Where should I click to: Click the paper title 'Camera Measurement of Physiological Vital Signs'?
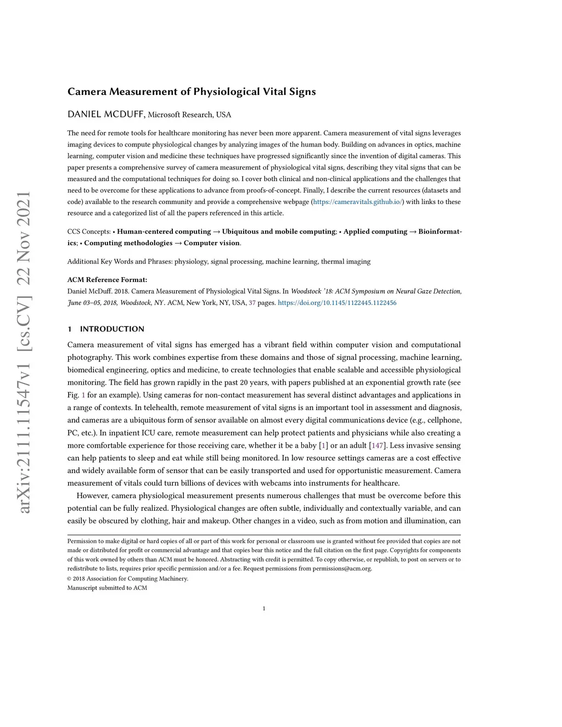coord(192,92)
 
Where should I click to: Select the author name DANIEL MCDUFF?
coord(106,114)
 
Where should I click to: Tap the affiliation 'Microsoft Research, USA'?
coord(189,115)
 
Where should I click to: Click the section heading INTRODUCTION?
coord(112,329)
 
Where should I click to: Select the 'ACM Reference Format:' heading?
coord(107,280)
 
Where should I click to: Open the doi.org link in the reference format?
coord(337,303)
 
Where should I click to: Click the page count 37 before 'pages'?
coord(252,303)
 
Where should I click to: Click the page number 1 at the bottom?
coord(264,608)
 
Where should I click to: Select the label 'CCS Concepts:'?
coord(89,232)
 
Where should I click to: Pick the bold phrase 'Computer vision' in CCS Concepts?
coord(212,243)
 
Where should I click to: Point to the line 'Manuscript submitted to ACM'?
coord(107,588)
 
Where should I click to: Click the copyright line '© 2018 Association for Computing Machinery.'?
coord(127,579)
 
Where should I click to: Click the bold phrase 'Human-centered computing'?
coord(164,232)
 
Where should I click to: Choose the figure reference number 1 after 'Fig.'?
coord(83,395)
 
